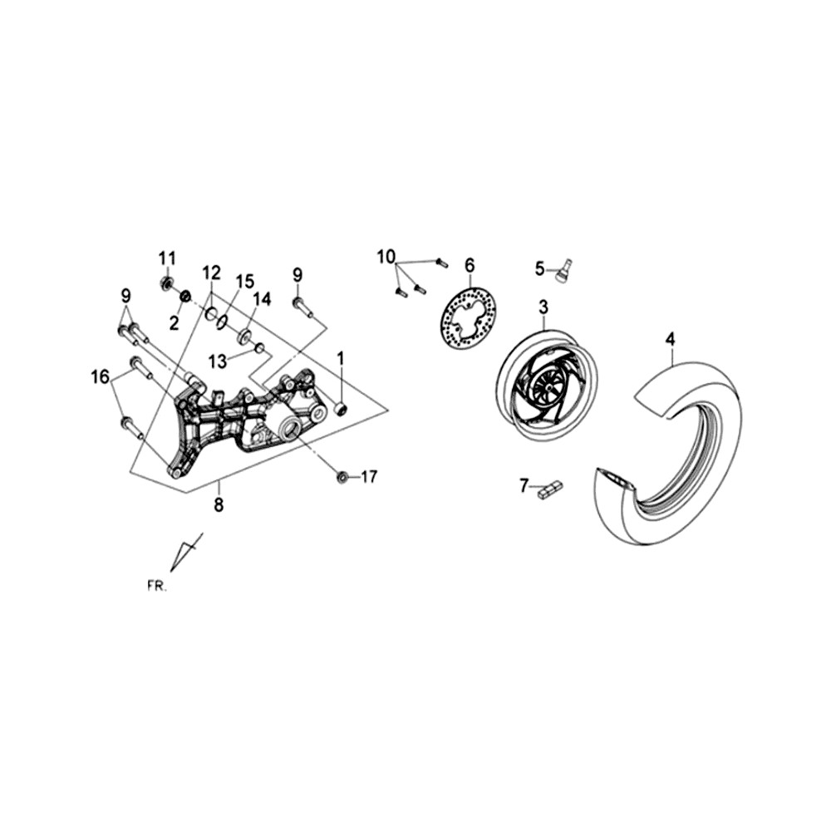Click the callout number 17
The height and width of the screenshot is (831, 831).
(369, 477)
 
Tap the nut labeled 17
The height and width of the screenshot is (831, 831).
(342, 477)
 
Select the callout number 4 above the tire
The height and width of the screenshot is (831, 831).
(671, 339)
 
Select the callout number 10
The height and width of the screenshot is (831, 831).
(386, 258)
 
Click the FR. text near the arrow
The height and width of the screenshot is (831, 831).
(156, 587)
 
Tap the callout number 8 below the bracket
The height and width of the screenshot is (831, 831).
(219, 505)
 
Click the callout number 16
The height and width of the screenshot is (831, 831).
(101, 377)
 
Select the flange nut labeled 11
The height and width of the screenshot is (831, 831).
(166, 282)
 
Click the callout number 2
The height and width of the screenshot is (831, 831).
(175, 322)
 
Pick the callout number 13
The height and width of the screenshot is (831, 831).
(218, 361)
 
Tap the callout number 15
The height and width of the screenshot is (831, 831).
(245, 282)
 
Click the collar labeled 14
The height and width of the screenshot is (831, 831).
(246, 337)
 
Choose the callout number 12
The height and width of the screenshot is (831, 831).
(211, 273)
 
